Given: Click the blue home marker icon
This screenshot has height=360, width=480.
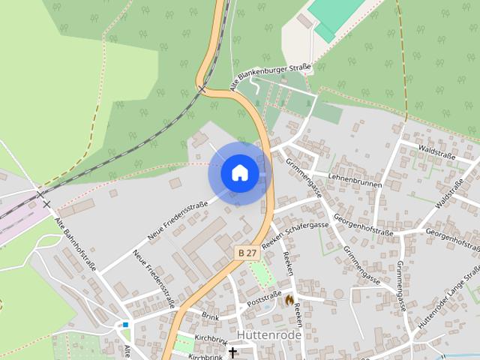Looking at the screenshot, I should click(239, 172).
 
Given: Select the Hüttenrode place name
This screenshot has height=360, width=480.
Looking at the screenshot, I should click(268, 334).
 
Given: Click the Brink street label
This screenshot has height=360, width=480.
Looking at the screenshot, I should click(210, 316).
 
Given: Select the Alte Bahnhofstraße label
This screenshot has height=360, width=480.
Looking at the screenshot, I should click(76, 244).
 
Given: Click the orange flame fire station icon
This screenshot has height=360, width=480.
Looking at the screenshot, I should click(289, 299).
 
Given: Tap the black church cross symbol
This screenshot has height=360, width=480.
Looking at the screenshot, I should click(232, 352).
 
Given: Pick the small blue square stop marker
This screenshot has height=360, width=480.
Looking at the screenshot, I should click(125, 325).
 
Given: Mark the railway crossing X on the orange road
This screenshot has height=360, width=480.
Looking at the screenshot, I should click(202, 88).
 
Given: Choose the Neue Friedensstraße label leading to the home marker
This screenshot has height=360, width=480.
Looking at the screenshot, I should click(178, 218).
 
